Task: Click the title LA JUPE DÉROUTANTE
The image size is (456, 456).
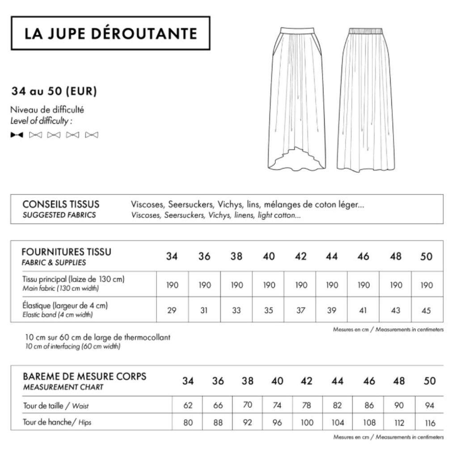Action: (x=110, y=34)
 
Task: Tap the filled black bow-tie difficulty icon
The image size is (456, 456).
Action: (x=17, y=135)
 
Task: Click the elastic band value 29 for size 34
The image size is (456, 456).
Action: (x=172, y=310)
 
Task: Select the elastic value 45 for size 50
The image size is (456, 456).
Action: (x=426, y=310)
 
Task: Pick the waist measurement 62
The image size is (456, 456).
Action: (x=188, y=405)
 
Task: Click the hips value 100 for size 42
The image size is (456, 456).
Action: (x=307, y=422)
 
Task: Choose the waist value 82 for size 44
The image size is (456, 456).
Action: (x=338, y=405)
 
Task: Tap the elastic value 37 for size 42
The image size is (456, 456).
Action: (x=301, y=310)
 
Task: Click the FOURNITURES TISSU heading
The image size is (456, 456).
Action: (x=66, y=252)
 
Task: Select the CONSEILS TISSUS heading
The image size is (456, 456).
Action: (x=61, y=204)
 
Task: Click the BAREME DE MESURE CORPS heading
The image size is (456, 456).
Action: (x=84, y=376)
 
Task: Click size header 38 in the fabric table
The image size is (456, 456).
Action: (x=236, y=257)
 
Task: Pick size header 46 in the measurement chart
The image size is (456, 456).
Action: (x=369, y=381)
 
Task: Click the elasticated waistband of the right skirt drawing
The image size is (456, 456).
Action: (x=365, y=31)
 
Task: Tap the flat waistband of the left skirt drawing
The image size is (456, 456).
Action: (x=297, y=30)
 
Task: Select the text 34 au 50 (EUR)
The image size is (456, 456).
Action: (x=54, y=92)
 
